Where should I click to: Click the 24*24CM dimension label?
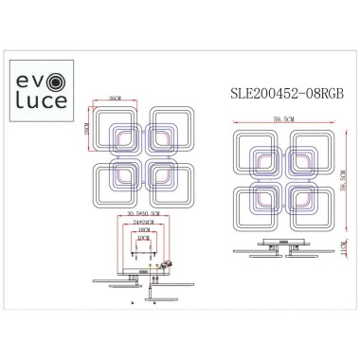142,221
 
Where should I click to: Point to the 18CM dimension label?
142,229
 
